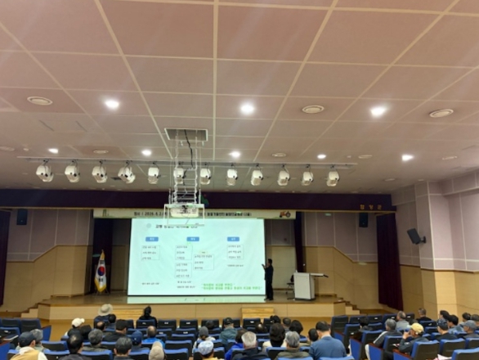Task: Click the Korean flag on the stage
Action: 101,273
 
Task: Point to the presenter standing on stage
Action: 268,279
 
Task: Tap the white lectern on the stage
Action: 303,286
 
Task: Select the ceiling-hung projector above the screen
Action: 185,210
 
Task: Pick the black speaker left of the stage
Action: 22,217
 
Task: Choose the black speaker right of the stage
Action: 363,219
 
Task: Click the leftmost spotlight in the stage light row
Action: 44,171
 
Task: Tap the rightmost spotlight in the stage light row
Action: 333,177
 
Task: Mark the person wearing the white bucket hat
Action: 105,311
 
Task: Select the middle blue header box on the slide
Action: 193,239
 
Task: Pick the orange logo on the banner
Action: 284,214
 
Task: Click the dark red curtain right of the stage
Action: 388,260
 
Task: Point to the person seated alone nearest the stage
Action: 147,315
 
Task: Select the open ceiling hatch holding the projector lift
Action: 186,134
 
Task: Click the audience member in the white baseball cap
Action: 78,324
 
